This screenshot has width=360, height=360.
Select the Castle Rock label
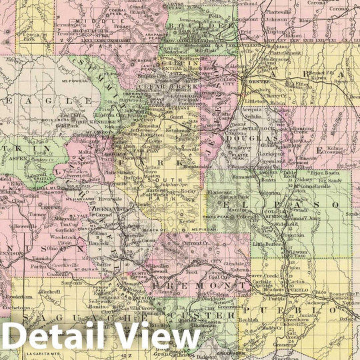251,127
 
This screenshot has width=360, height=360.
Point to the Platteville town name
272,11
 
